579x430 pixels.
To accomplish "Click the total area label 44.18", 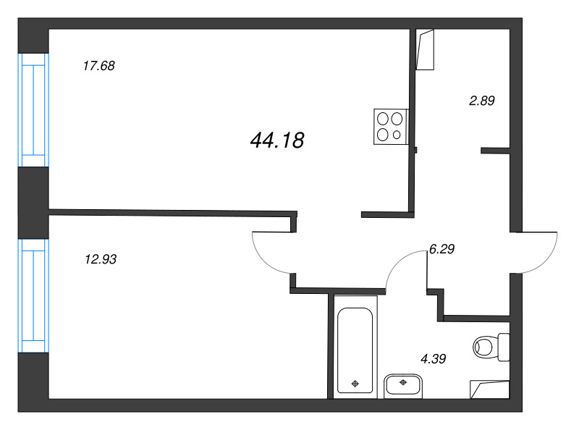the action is tap(277, 140).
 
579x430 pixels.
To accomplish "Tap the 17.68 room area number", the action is tap(99, 66).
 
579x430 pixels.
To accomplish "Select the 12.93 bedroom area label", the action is tap(101, 259).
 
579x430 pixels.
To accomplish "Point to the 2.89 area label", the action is tap(482, 101).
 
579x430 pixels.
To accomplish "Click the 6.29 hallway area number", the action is tap(441, 249).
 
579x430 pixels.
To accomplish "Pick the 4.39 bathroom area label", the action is tap(434, 358).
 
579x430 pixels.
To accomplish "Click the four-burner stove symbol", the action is tap(391, 127).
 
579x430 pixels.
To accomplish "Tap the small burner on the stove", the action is tap(397, 135).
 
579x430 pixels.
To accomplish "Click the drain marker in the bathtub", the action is tap(355, 384).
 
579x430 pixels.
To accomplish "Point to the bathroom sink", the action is tap(403, 387).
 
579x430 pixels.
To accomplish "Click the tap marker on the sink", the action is tap(403, 382).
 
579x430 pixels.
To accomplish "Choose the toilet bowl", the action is tap(485, 347).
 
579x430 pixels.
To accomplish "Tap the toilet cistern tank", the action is tap(504, 347).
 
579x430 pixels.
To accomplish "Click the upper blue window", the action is tap(33, 110).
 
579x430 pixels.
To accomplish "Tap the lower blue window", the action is tap(33, 296).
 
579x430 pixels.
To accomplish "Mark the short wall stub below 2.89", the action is tap(495, 151).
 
